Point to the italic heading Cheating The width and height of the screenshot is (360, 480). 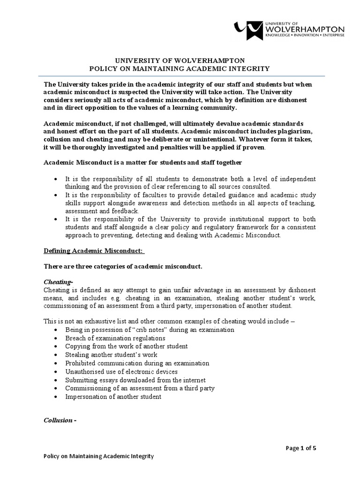click(x=58, y=282)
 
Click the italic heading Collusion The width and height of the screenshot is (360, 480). click(x=60, y=420)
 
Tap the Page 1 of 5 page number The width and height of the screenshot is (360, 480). click(x=301, y=447)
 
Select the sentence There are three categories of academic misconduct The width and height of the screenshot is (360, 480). click(x=123, y=267)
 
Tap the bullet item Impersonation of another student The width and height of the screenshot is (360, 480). click(x=113, y=397)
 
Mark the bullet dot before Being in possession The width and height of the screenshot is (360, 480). click(x=56, y=330)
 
